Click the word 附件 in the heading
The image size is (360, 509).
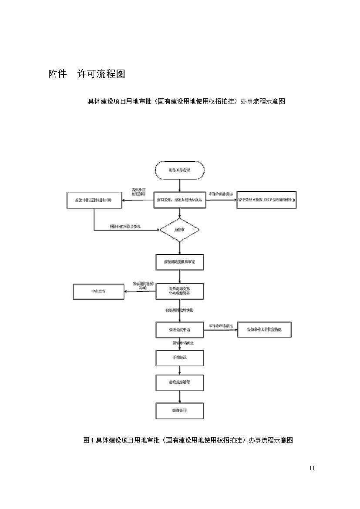(x=57, y=74)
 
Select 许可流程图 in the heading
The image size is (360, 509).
(x=101, y=74)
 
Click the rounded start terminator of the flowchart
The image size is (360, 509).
(x=179, y=170)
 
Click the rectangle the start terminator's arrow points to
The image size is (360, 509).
(x=179, y=200)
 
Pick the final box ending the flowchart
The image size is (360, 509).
(x=179, y=410)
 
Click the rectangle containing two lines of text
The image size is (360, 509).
(x=179, y=291)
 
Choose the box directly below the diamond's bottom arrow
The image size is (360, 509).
(x=179, y=262)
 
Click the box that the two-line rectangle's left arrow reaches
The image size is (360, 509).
(x=99, y=291)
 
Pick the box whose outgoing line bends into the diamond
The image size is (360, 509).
(x=94, y=200)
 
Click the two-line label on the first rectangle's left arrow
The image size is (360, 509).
(x=138, y=192)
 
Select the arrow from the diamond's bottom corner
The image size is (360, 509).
(x=179, y=248)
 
